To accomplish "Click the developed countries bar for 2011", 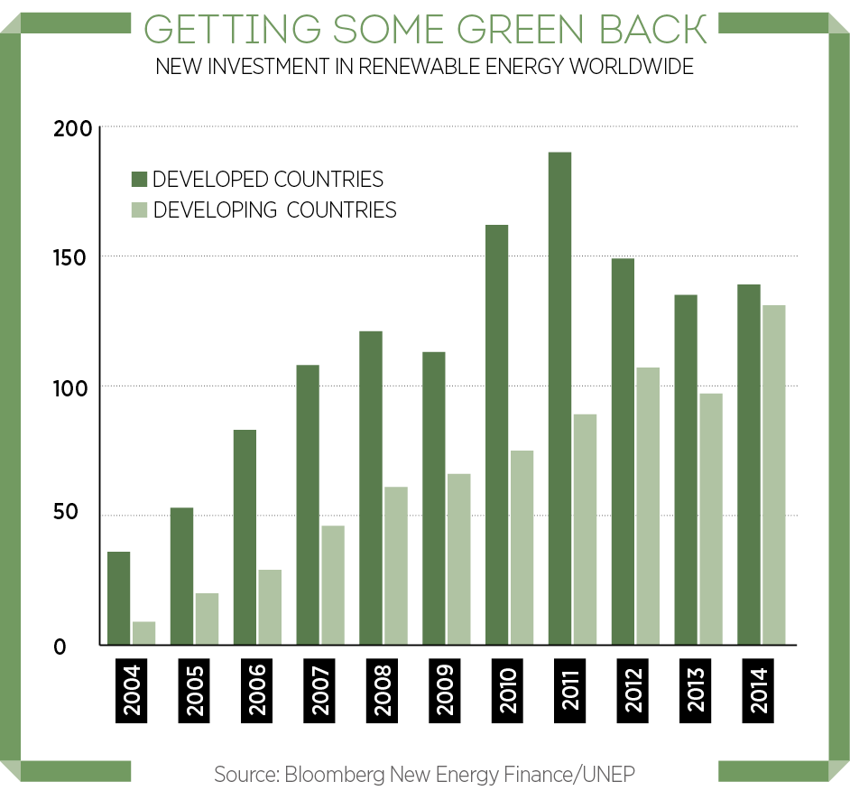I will click(559, 398).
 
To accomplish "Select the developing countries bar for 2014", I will click(773, 475).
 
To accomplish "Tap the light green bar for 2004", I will click(143, 633).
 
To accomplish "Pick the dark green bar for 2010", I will click(496, 434).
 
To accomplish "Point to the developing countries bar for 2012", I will click(647, 506).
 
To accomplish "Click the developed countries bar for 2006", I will click(245, 537).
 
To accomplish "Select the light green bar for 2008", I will click(395, 566).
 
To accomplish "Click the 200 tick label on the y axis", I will click(72, 129).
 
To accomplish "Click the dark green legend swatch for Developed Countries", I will click(140, 179).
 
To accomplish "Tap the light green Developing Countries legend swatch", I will click(140, 209).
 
